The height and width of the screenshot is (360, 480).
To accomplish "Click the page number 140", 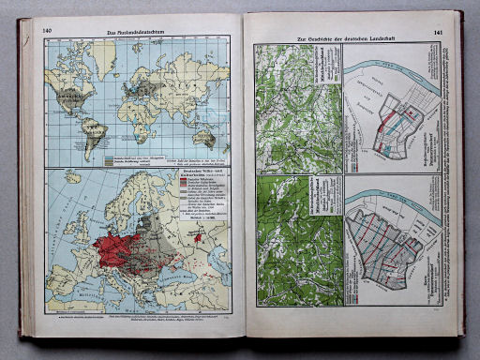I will click(x=47, y=32).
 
